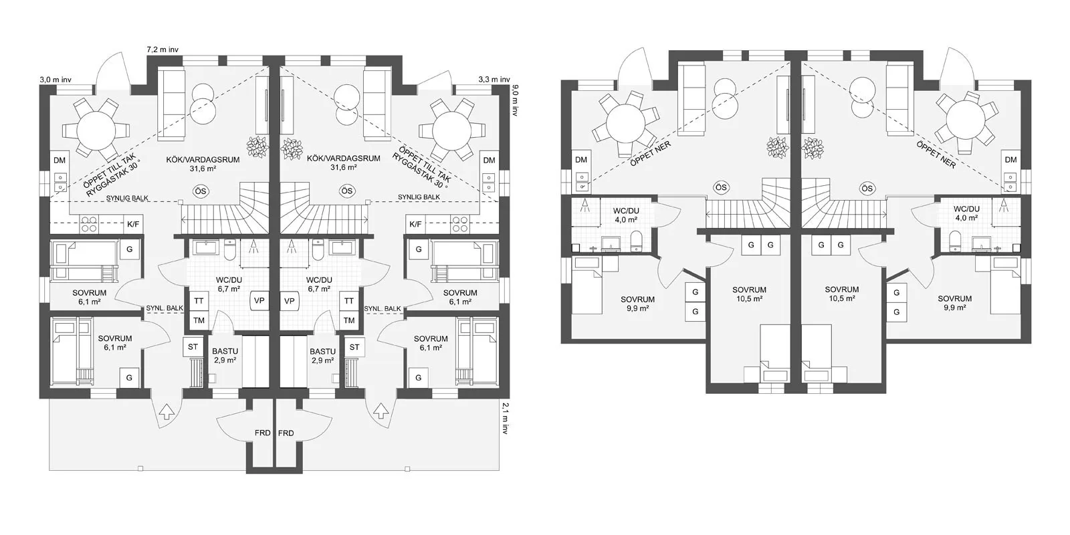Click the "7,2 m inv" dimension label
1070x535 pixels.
(163, 49)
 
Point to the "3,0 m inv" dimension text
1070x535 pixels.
(56, 80)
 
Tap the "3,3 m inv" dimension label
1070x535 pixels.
(494, 80)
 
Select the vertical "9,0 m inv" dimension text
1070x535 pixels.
(515, 100)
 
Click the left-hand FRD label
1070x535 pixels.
(263, 433)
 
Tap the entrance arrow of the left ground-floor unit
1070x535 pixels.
(166, 411)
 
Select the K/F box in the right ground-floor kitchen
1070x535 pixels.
(415, 224)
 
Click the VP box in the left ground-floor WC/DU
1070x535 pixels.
(259, 301)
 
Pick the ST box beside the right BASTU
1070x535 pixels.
(354, 347)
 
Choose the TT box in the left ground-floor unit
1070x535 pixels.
(199, 301)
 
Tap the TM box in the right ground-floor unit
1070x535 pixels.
(349, 320)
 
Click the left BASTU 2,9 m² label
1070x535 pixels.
(225, 356)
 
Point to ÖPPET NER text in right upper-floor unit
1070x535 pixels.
(936, 154)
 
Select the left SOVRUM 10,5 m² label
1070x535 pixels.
(749, 294)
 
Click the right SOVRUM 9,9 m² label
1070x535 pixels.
(955, 304)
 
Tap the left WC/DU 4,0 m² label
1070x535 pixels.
(626, 215)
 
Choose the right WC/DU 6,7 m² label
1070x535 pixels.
(319, 285)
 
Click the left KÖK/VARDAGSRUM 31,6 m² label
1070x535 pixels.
(203, 163)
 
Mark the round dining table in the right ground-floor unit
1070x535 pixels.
(452, 130)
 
